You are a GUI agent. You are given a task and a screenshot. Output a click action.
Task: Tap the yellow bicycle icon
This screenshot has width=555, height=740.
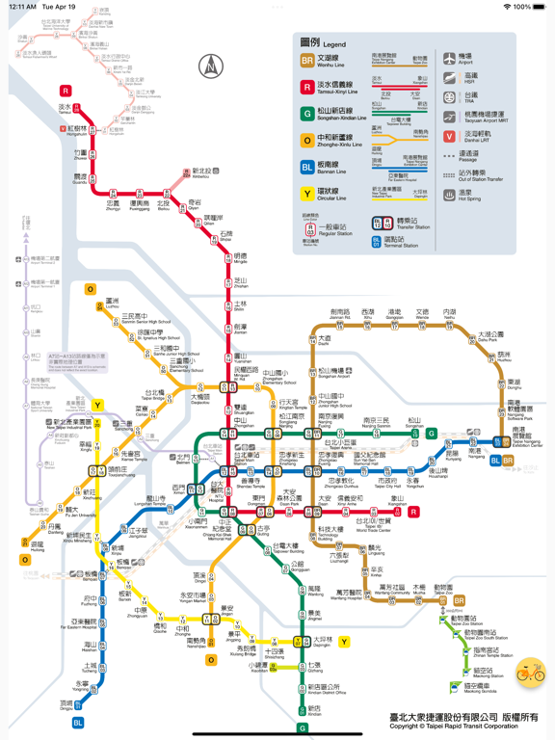530,672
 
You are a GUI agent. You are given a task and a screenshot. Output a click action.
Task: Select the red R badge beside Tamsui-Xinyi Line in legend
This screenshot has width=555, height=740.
306,87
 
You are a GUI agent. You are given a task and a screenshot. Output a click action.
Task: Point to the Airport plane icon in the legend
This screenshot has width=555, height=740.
449,59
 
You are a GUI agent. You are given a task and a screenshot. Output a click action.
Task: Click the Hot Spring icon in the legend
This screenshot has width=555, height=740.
449,194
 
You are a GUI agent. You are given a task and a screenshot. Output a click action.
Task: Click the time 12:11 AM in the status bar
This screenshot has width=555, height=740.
22,7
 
